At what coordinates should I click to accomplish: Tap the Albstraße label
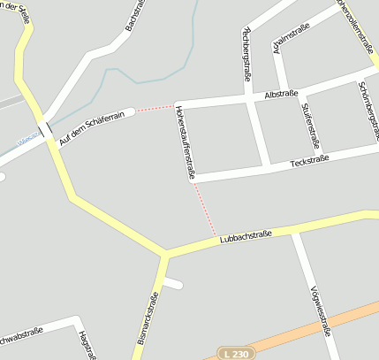click(x=281, y=93)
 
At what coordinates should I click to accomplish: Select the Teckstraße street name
click(x=310, y=160)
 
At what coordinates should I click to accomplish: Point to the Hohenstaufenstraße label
click(x=184, y=142)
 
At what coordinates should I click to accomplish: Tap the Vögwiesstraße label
click(x=321, y=312)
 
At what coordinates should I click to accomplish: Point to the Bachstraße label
click(x=135, y=17)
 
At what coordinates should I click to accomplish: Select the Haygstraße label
click(x=85, y=346)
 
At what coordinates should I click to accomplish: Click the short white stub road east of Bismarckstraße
click(x=173, y=283)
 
